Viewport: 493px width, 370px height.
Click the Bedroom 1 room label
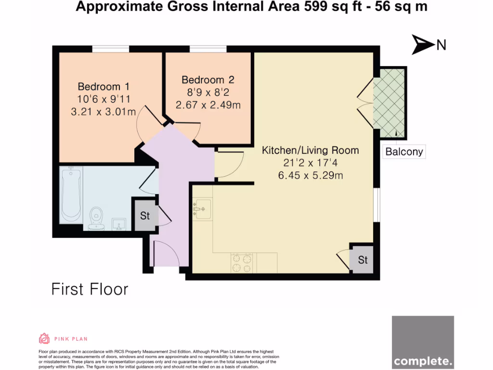[x=104, y=87]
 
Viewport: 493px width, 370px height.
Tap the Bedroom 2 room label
[x=208, y=80]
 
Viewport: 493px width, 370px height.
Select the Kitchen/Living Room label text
[x=310, y=150]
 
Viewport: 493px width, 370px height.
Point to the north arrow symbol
[x=422, y=45]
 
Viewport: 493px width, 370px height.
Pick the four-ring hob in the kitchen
[x=242, y=263]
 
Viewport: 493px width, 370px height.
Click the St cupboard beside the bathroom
[x=145, y=215]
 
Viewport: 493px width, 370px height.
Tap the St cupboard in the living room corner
[x=363, y=260]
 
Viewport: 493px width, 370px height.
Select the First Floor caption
[x=90, y=289]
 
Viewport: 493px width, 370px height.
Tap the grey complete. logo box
[x=423, y=342]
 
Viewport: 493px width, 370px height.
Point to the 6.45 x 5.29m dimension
[x=311, y=175]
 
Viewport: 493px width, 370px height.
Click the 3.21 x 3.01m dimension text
[x=104, y=112]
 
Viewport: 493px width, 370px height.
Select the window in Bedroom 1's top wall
[x=111, y=49]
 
